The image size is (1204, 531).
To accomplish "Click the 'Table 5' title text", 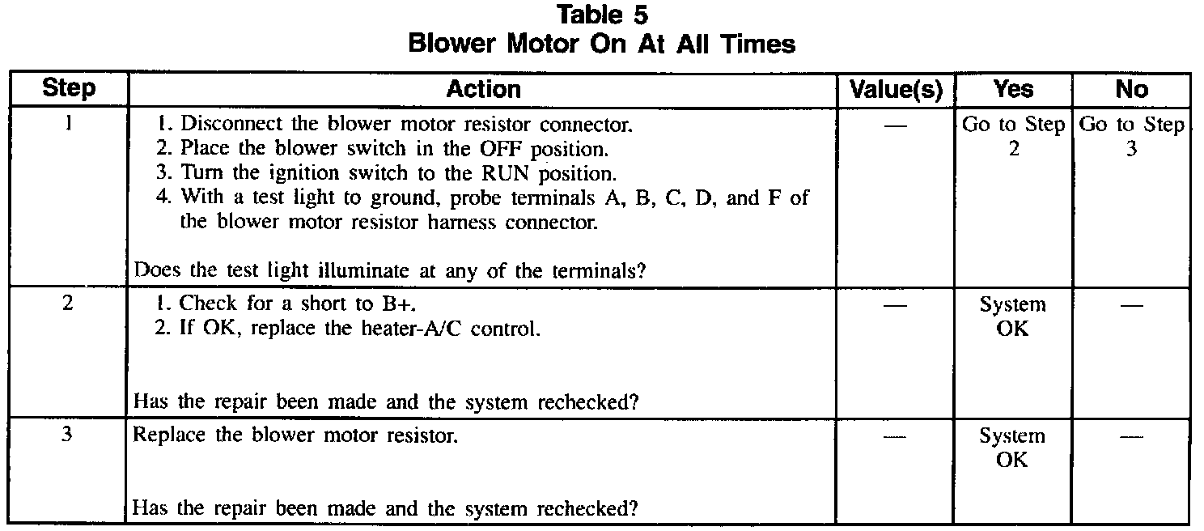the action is point(602,14).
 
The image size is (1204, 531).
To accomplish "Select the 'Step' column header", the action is point(68,89).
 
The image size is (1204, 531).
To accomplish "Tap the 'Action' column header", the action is point(483,89).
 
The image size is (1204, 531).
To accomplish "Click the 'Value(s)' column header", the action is point(897,90).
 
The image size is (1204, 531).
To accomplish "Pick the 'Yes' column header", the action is point(1013,89).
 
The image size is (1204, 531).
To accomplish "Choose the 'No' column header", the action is point(1131,89).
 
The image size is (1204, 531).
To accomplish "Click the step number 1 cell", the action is point(68,125).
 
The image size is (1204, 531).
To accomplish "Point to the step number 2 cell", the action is point(68,305).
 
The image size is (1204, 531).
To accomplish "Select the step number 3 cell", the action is point(68,436).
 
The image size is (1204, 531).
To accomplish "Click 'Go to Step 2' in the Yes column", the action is point(1013,137).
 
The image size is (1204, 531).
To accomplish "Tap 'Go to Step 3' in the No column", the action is point(1131,137).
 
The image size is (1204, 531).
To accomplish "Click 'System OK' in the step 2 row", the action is point(1013,316).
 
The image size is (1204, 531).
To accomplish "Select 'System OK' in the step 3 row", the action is point(1013,448).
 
